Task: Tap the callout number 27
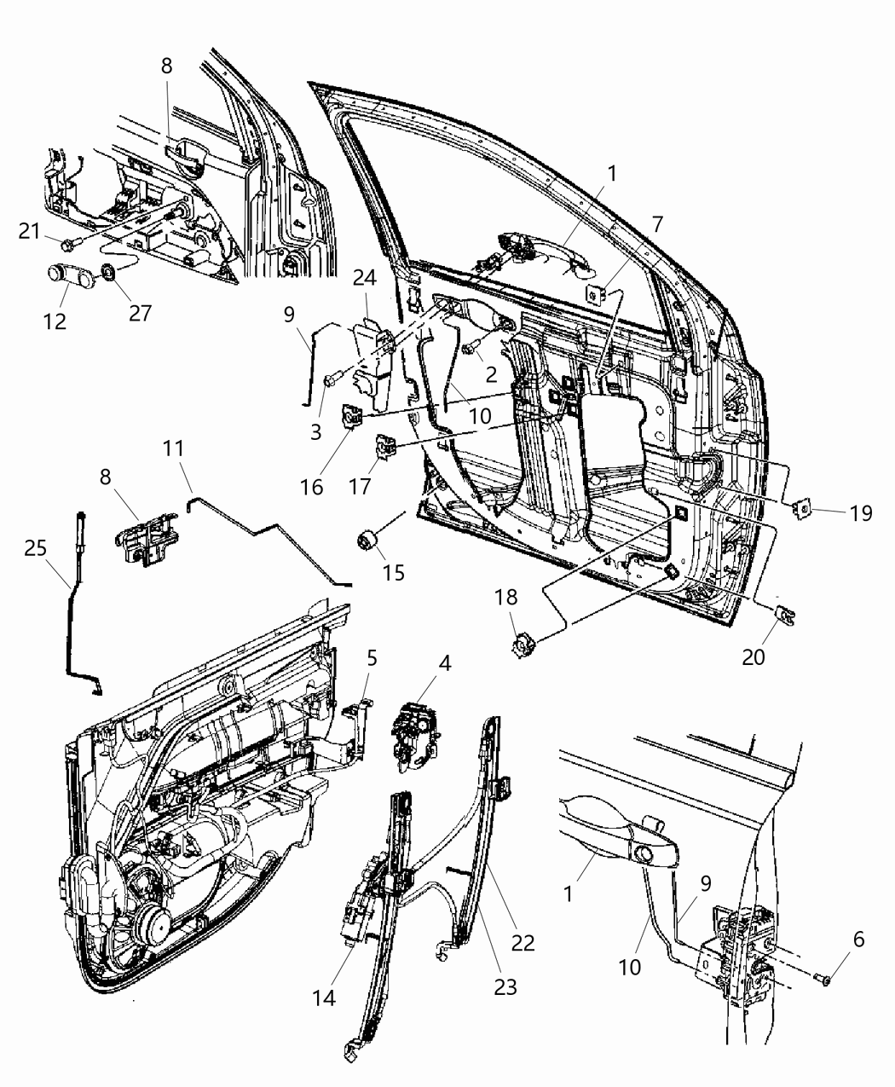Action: pos(140,313)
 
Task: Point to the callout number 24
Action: pos(366,280)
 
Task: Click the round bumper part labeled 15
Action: pos(367,541)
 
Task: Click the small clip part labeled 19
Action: pos(801,510)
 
